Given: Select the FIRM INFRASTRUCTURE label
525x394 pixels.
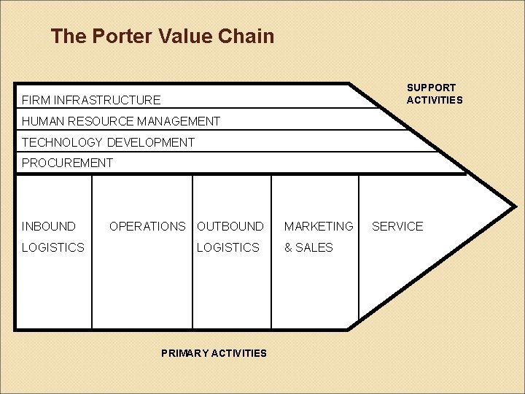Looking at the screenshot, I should coord(91,99).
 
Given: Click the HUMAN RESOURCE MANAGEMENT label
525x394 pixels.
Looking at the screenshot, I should coord(121,120).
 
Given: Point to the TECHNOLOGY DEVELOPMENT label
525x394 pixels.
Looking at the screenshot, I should coord(108,142).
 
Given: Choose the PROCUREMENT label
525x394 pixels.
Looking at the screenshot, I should coord(68,163).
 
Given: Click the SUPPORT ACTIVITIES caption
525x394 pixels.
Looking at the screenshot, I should coord(435,93).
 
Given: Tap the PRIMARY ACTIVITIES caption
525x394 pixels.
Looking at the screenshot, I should coord(214,353).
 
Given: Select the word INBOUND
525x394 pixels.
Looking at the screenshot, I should coord(49,226).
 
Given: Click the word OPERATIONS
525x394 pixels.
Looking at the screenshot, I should coord(147,226).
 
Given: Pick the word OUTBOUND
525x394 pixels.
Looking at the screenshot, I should coord(230,226).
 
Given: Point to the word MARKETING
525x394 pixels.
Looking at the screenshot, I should coord(319,226).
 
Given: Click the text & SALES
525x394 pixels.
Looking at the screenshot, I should coord(308,247).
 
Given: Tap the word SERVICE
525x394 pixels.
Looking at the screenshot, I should coord(397,226).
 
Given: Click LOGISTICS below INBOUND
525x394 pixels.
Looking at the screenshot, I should coord(53,247).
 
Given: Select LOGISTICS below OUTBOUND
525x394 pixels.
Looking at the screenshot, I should coord(228,247).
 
